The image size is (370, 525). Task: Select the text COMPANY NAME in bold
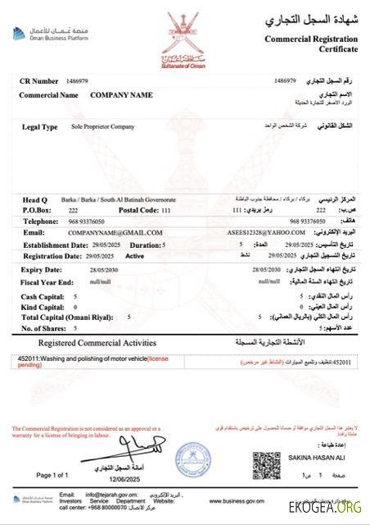121,95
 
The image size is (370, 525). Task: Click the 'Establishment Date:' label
54,244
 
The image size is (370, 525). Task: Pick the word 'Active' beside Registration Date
135,256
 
